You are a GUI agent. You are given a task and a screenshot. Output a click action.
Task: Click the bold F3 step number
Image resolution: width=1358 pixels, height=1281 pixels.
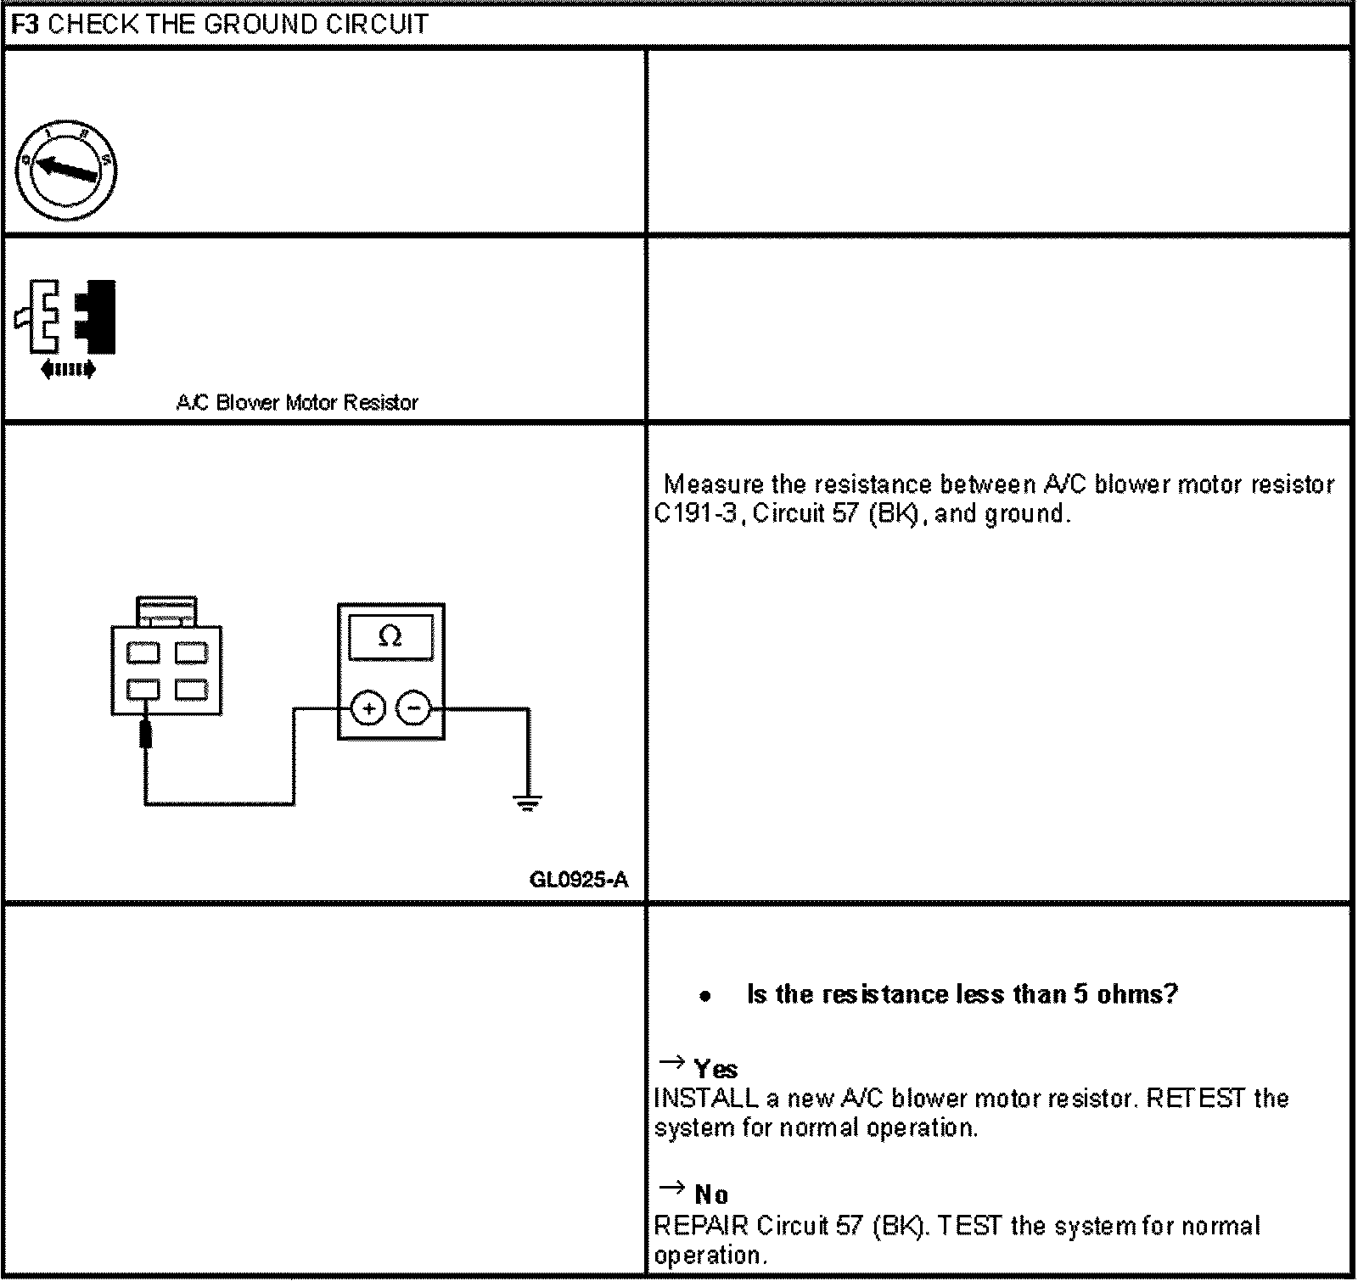point(25,24)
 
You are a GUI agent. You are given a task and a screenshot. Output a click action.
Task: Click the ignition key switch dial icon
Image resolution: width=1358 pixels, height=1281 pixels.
point(67,171)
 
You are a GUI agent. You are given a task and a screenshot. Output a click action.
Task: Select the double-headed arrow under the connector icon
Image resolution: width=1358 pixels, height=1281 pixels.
point(68,369)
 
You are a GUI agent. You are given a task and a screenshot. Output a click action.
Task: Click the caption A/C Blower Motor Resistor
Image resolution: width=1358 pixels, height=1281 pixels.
point(297,402)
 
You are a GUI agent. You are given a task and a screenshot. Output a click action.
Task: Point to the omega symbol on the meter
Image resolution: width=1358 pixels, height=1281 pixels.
point(390,635)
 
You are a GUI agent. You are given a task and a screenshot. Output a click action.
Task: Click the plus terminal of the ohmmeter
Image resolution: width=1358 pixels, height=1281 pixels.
point(368,708)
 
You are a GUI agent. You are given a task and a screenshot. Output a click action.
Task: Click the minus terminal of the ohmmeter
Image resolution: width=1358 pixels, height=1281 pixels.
point(414,708)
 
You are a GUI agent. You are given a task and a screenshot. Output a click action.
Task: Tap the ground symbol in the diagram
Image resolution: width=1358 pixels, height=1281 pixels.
point(528,802)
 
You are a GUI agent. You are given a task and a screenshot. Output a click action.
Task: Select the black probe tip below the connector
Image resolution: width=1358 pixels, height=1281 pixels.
point(146,734)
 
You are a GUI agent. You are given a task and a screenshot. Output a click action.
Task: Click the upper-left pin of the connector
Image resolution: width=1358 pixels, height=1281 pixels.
point(143,653)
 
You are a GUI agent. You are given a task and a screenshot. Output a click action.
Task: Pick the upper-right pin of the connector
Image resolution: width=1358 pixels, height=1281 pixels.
point(191,653)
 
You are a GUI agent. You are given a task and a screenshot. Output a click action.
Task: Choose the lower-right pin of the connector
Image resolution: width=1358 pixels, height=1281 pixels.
point(191,689)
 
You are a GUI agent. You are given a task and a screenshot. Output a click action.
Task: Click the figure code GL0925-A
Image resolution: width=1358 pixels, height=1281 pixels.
point(579,879)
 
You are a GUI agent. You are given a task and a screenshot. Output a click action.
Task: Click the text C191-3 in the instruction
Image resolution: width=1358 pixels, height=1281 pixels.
point(694,514)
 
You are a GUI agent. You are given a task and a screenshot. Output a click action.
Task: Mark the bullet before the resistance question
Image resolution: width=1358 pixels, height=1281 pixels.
point(704,997)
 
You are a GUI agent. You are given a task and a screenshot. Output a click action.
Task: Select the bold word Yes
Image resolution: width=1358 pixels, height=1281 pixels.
point(715,1069)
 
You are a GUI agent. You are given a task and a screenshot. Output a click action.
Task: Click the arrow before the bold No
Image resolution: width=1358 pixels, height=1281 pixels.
point(671,1188)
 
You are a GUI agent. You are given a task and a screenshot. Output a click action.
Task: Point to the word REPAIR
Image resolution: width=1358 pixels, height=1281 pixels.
point(701,1226)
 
